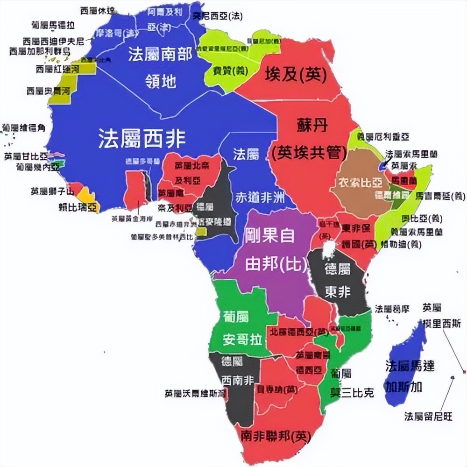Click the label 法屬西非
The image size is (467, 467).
(x=142, y=139)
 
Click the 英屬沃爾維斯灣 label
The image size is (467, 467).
(x=195, y=393)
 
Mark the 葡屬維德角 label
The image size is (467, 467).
(x=23, y=127)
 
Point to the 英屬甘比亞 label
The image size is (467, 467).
(x=26, y=156)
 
